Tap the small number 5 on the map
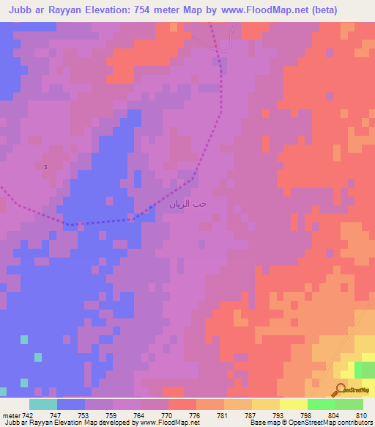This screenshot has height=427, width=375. [x=45, y=167]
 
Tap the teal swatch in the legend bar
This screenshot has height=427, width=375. [x=42, y=404]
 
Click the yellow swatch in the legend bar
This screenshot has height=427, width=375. [x=293, y=404]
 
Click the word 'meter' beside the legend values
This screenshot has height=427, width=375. [x=10, y=415]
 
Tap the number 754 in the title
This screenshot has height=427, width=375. [x=136, y=10]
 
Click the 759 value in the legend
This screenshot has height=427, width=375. [x=112, y=415]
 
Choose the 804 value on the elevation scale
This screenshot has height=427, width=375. [x=334, y=415]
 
